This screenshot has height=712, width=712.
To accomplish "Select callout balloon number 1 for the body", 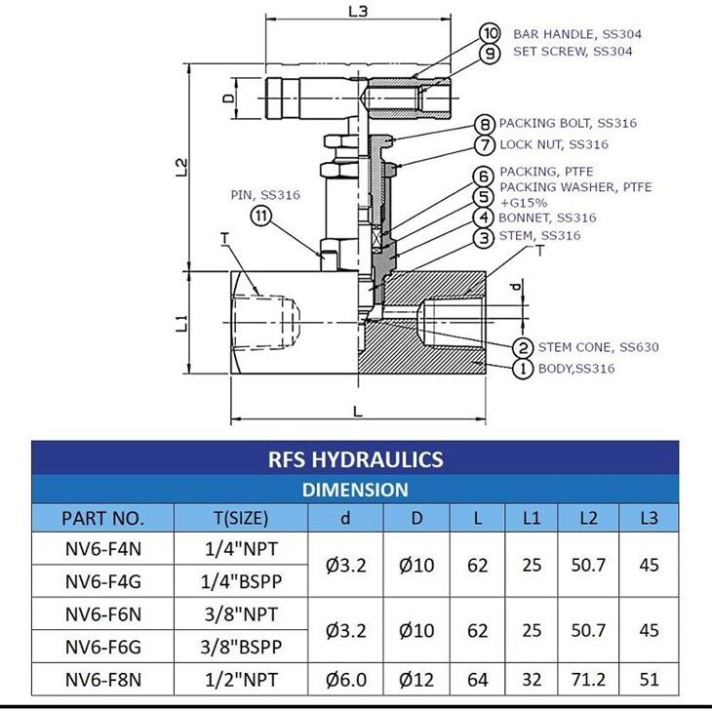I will pos(523,369).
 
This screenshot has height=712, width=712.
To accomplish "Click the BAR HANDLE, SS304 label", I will pos(577,33).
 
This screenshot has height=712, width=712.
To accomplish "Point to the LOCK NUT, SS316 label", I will pos(554,144).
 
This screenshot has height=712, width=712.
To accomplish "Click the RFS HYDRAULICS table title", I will pos(355,459).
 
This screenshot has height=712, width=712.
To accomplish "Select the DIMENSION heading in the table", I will pos(355,490).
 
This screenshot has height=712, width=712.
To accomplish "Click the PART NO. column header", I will pos(102,518).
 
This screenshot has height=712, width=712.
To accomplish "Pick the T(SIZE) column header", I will pos(239,518).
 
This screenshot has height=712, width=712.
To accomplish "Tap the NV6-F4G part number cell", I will pos(102,582).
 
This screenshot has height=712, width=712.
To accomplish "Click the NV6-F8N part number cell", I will pos(102,680).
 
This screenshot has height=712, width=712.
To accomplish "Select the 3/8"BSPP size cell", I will pos(239,647).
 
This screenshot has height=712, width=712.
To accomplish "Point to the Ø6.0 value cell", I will pos(345,680).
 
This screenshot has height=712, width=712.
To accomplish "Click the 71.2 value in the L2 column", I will pos(587,680).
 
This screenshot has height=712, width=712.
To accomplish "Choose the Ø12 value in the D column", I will pos(416,680).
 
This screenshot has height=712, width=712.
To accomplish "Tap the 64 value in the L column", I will pos(477,680).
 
